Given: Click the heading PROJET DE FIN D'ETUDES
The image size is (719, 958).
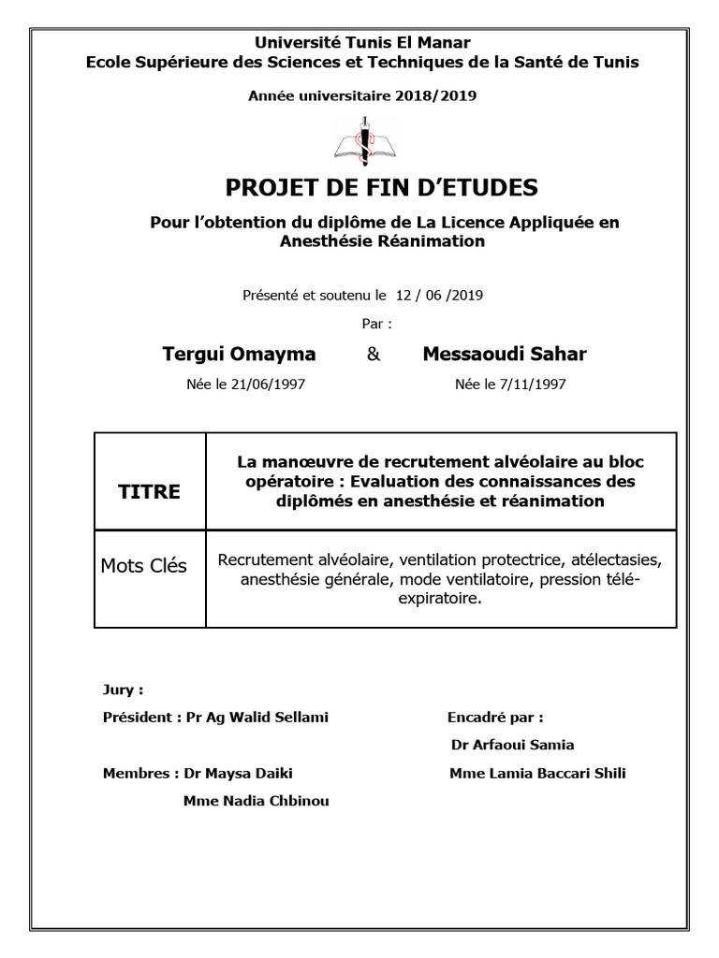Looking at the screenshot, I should [x=382, y=188].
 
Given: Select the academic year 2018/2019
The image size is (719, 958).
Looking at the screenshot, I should [x=435, y=95].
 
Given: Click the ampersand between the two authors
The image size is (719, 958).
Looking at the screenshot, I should [x=373, y=355].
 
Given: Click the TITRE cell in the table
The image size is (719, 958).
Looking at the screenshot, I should [x=149, y=492].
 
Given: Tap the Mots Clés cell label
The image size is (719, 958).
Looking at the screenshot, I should [x=143, y=566].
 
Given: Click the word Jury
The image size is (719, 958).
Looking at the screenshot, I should [x=123, y=690].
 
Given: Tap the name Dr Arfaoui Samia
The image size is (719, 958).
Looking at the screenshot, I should [x=512, y=745].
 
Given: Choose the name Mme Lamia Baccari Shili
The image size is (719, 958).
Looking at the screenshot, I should [x=537, y=773].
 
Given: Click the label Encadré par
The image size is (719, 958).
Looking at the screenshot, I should [x=495, y=718].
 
